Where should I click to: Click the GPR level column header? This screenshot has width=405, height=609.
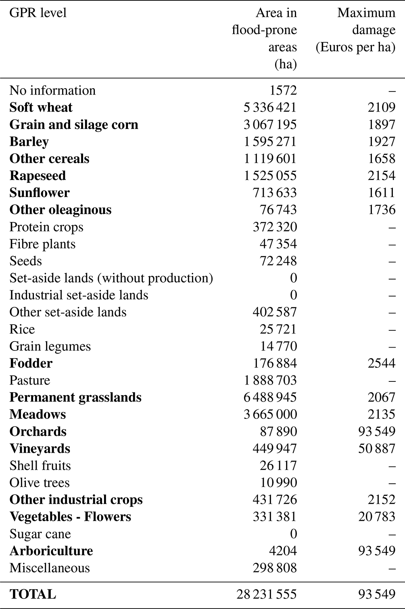pos(38,13)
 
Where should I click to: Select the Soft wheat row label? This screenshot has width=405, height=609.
pos(41,108)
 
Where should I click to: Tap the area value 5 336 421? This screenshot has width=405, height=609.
pos(270,108)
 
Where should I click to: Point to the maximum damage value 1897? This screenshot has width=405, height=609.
pos(381,124)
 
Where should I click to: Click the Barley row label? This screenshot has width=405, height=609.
pos(29,142)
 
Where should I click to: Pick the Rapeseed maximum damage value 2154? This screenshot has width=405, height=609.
pos(381,176)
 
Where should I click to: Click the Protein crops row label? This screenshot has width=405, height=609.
pos(46,227)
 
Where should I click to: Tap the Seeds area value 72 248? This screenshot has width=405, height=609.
pos(278,261)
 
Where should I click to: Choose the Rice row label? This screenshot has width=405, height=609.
pos(22,329)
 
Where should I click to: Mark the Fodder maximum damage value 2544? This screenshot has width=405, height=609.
pos(381,363)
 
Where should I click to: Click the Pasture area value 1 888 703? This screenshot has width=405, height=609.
pos(270,380)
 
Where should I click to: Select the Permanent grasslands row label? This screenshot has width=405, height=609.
pos(75,398)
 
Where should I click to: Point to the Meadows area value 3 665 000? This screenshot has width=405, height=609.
pos(270,414)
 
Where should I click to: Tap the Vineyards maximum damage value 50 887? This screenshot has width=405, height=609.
pos(376,448)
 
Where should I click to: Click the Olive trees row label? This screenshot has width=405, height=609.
pos(40,483)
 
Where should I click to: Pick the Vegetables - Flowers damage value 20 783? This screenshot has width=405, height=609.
pos(376,517)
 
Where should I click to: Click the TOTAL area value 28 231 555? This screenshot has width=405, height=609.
pos(267,594)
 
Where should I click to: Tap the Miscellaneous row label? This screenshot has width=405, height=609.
pos(50,568)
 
